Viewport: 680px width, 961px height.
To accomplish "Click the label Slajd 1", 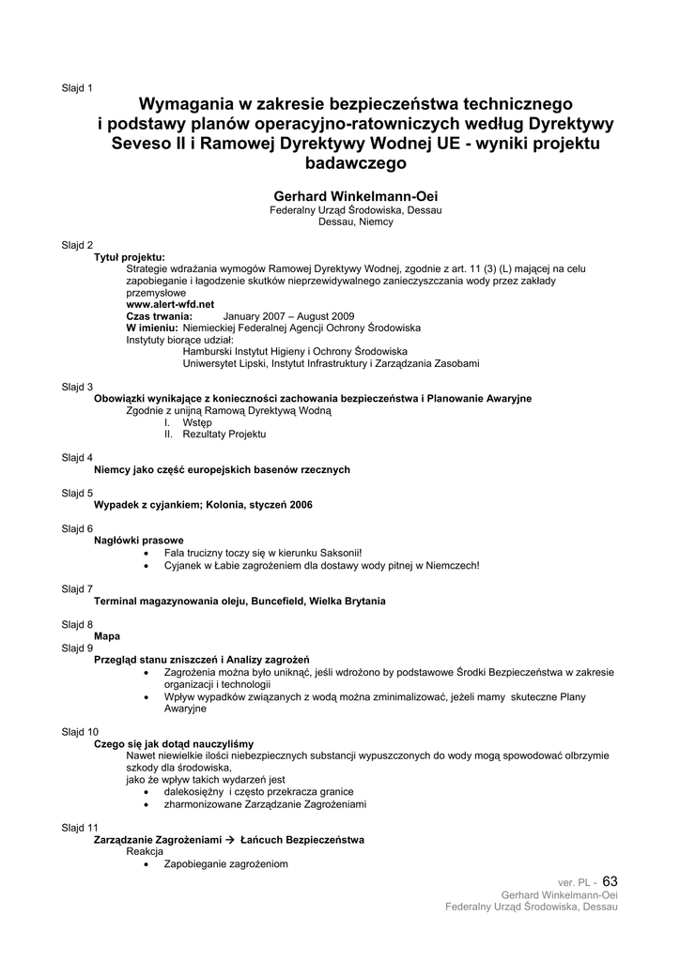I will click(77, 88).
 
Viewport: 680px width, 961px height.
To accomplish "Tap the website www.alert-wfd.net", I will click(170, 304).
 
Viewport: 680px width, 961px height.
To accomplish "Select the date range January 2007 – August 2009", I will click(288, 316).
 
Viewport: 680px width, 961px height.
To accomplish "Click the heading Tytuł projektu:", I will click(130, 257).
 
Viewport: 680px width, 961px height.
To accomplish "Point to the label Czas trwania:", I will click(160, 316).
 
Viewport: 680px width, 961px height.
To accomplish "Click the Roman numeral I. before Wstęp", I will click(167, 422).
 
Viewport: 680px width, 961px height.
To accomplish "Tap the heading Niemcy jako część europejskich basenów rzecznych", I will click(222, 469).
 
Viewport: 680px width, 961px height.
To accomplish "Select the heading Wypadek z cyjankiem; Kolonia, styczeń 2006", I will click(203, 505).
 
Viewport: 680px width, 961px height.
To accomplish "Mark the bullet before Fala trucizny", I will click(147, 554).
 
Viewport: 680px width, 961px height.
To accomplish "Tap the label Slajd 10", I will click(80, 731).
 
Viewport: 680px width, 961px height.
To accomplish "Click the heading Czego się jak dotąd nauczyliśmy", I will click(174, 743).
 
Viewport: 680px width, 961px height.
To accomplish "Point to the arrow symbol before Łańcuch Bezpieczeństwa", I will click(231, 839).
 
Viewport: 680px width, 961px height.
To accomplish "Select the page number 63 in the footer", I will click(610, 881).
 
